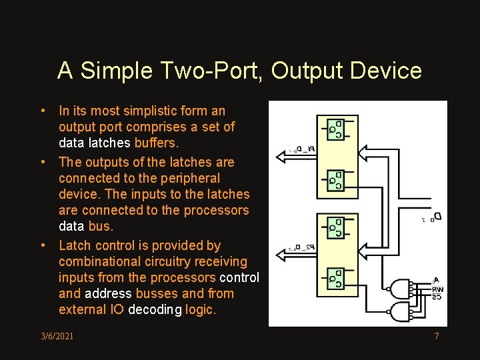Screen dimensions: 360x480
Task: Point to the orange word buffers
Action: (157, 143)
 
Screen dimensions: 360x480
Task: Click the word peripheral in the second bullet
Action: (189, 178)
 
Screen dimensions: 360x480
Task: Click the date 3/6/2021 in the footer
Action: (57, 336)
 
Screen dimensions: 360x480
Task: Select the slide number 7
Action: (437, 336)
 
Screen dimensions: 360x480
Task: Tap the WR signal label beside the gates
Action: (437, 290)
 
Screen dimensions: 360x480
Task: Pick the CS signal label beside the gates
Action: (437, 297)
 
